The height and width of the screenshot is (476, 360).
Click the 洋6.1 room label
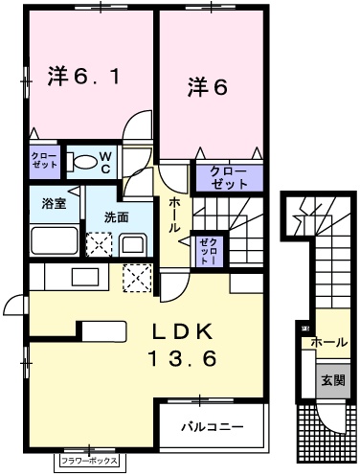click(x=83, y=76)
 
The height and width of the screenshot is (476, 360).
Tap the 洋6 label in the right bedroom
click(x=208, y=87)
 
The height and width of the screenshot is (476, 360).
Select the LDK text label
click(x=182, y=331)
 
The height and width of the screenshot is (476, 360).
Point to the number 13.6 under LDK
click(x=182, y=358)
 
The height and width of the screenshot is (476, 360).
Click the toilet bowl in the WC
click(x=81, y=162)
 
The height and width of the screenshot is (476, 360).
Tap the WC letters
click(x=105, y=163)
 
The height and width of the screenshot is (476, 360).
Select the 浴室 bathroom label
click(x=54, y=203)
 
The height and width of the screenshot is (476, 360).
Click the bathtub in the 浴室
click(x=55, y=240)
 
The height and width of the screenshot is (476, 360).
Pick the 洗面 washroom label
click(x=117, y=217)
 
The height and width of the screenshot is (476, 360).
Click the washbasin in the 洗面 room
click(x=133, y=245)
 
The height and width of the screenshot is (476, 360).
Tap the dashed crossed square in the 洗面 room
click(x=100, y=244)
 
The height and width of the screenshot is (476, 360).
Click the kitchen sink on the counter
click(x=85, y=277)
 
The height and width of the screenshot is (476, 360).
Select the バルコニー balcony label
click(x=213, y=426)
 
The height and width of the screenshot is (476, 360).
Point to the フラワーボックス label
click(x=90, y=461)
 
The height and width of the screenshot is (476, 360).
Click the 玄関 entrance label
click(x=333, y=380)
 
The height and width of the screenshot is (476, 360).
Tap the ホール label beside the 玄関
click(x=329, y=343)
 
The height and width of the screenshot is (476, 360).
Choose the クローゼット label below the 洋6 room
click(x=229, y=178)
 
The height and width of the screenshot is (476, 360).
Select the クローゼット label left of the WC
click(x=45, y=160)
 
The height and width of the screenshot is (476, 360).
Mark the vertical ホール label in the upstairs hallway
click(x=174, y=215)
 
